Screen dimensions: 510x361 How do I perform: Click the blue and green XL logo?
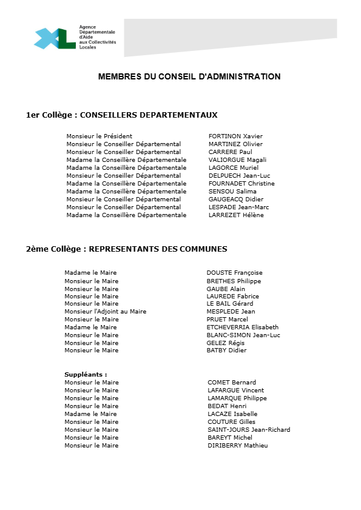[x=55, y=38]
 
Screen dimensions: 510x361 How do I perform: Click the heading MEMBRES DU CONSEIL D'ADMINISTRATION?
[x=189, y=77]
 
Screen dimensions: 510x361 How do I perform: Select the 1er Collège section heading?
[x=121, y=115]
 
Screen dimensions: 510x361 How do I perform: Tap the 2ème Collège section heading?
[x=127, y=249]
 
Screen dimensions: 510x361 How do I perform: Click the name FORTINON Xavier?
[x=235, y=136]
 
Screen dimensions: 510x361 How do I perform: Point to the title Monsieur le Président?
[x=99, y=136]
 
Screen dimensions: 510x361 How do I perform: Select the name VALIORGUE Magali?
[x=237, y=160]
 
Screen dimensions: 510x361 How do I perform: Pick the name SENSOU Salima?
[x=232, y=192]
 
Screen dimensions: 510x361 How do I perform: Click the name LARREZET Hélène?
[x=236, y=215]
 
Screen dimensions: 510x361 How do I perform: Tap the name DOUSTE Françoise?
[x=234, y=273]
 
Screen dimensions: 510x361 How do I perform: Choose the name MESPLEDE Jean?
[x=231, y=312]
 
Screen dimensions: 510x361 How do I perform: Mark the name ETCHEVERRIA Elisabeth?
[x=242, y=327]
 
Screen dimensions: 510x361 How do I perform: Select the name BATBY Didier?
[x=226, y=351]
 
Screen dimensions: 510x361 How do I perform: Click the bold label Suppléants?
[x=86, y=375]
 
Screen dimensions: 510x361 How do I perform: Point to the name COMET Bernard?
[x=232, y=383]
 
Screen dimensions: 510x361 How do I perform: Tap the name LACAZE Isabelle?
[x=232, y=414]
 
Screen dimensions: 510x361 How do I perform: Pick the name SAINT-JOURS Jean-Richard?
[x=249, y=430]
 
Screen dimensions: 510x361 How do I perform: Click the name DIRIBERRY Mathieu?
[x=237, y=446]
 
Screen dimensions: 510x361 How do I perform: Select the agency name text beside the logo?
[x=97, y=38]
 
